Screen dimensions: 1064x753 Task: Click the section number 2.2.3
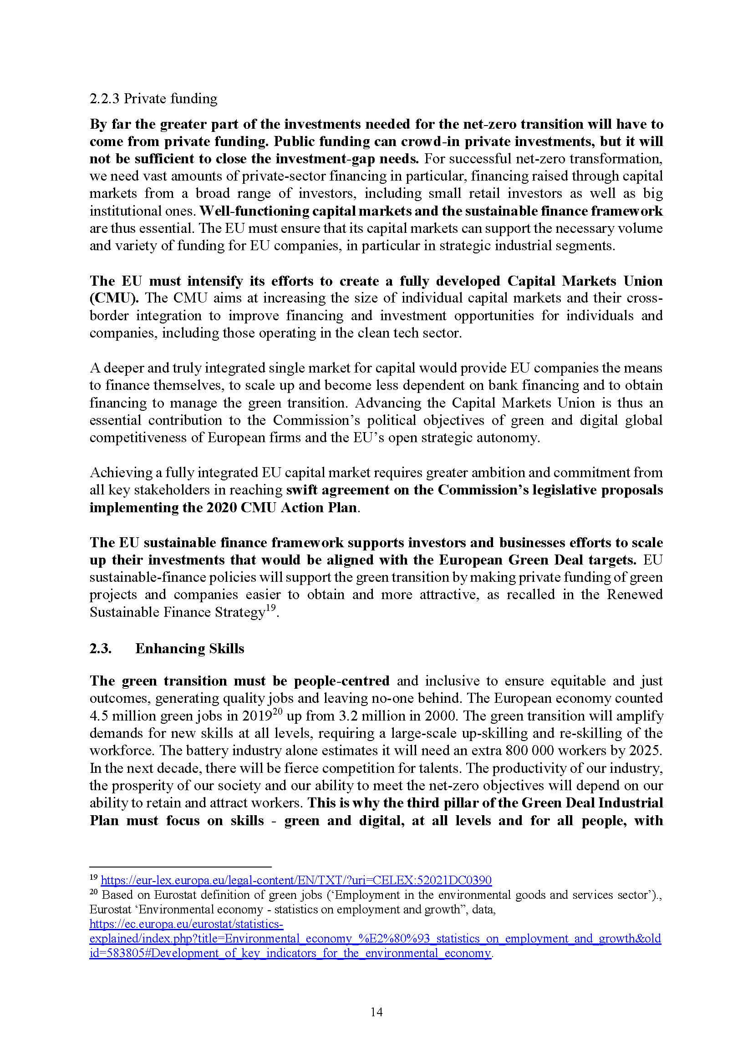tap(105, 99)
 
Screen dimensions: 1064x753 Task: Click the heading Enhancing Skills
tap(189, 648)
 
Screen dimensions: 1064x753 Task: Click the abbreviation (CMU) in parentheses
tap(114, 298)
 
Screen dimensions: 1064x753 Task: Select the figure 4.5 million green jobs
tap(122, 716)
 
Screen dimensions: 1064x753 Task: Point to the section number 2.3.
tap(100, 648)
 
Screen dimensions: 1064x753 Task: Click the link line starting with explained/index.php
tap(375, 939)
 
